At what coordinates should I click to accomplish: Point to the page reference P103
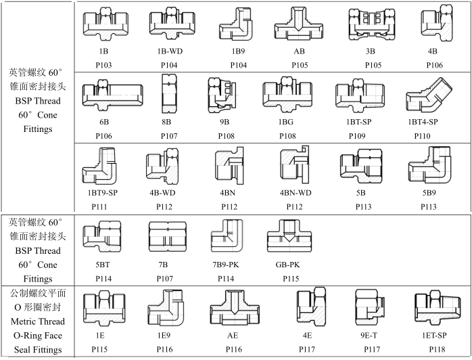pos(103,65)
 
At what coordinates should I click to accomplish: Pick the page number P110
pos(423,136)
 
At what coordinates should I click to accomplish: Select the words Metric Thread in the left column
pos(37,321)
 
